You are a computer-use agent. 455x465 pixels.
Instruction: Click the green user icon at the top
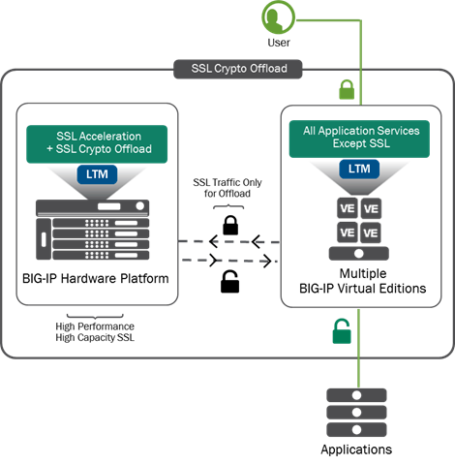point(279,17)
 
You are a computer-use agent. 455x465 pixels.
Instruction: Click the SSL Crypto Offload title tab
point(238,69)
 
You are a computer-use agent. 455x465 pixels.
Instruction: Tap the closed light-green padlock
point(347,91)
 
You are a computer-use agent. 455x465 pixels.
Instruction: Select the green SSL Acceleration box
point(97,143)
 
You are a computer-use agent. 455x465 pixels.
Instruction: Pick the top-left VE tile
point(345,209)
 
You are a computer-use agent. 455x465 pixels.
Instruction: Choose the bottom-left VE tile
point(345,232)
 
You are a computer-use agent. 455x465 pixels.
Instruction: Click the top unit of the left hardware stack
point(93,207)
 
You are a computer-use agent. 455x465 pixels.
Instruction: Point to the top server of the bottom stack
point(356,395)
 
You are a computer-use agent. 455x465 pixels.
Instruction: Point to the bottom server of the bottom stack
point(356,429)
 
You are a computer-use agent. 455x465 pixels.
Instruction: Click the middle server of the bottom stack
point(356,412)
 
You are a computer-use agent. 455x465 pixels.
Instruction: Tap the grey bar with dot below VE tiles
point(357,254)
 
